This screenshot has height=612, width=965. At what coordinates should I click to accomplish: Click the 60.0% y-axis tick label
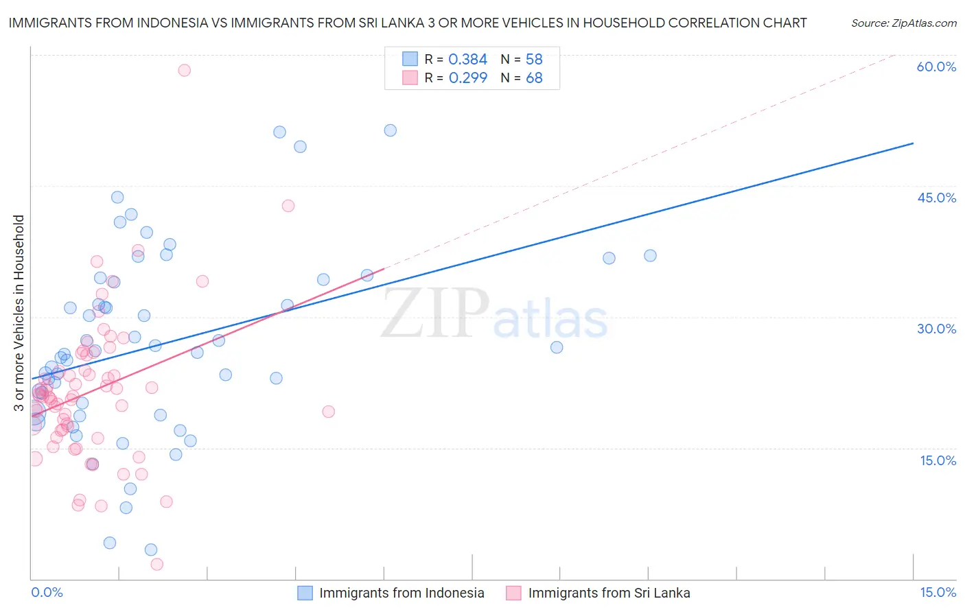pyautogui.click(x=936, y=67)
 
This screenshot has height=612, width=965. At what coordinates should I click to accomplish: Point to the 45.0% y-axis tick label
pyautogui.click(x=936, y=198)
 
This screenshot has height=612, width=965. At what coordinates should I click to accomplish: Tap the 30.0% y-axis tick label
pyautogui.click(x=936, y=329)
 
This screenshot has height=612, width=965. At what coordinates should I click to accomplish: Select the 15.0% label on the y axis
pyautogui.click(x=938, y=460)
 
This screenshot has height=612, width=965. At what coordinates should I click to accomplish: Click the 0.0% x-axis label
pyautogui.click(x=47, y=592)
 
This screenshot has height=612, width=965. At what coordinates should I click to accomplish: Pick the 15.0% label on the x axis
pyautogui.click(x=938, y=592)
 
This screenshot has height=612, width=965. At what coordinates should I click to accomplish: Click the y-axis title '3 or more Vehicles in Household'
pyautogui.click(x=19, y=313)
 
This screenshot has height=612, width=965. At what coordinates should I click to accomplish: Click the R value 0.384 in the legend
pyautogui.click(x=467, y=60)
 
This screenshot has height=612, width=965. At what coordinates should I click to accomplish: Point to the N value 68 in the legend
pyautogui.click(x=534, y=78)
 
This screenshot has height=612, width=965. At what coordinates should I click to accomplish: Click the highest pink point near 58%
pyautogui.click(x=184, y=70)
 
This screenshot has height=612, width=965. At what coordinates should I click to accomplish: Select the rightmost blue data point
pyautogui.click(x=650, y=255)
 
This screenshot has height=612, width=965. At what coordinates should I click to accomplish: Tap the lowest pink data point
pyautogui.click(x=156, y=564)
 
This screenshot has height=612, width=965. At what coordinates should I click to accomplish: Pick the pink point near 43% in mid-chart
pyautogui.click(x=288, y=206)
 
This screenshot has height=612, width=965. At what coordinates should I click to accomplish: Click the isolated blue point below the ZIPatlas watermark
pyautogui.click(x=557, y=347)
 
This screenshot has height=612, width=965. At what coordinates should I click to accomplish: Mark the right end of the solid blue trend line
pyautogui.click(x=913, y=143)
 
